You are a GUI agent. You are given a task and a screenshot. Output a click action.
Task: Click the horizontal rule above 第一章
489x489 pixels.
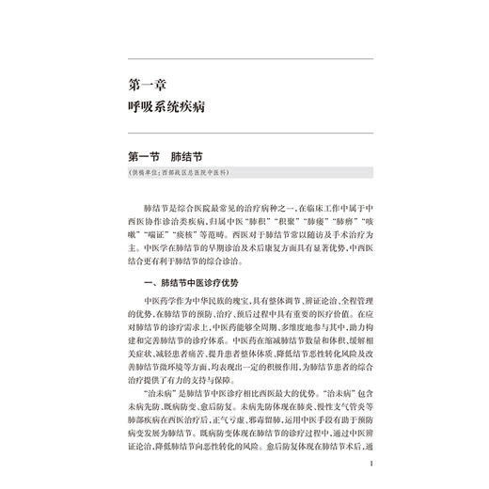pyautogui.click(x=244, y=56)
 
